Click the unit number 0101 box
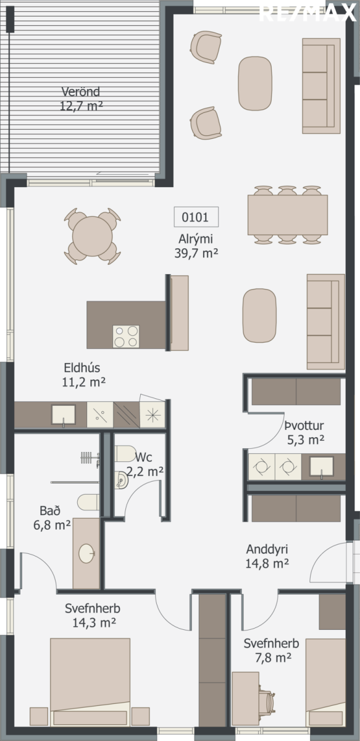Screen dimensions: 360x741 tap(196, 217)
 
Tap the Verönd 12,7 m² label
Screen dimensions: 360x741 tap(81, 99)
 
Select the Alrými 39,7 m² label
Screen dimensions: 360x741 tap(196, 246)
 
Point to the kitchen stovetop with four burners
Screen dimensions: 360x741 tap(126, 337)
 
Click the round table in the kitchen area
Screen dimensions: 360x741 tap(93, 236)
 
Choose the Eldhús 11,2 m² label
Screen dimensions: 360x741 tap(83, 375)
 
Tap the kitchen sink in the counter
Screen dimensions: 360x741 tap(64, 415)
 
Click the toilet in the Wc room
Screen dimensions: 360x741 tap(125, 453)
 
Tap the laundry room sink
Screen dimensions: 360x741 tap(322, 467)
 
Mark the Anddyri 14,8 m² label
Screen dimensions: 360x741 tap(267, 556)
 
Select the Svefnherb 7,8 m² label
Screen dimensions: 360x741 tap(272, 650)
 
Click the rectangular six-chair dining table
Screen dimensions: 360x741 tap(288, 215)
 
